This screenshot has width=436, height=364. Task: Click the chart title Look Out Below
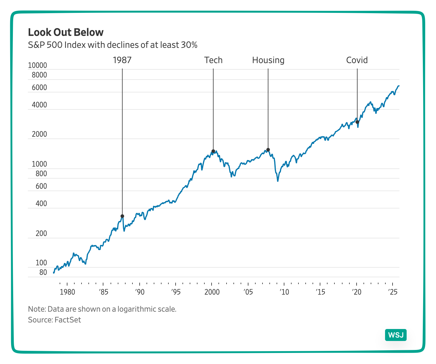point(66,32)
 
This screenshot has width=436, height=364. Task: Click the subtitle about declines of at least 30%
point(113,45)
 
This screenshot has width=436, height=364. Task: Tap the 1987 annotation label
point(122,60)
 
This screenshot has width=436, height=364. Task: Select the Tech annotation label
point(213,60)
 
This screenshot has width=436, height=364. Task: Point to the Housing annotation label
point(268,60)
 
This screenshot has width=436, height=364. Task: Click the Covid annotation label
point(357,60)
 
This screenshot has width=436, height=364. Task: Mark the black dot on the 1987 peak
point(122,216)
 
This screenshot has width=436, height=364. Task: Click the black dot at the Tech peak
point(213,151)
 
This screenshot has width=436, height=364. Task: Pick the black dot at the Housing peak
point(268,150)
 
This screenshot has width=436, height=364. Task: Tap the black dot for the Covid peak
point(357,122)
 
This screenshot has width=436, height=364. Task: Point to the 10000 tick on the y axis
point(37,66)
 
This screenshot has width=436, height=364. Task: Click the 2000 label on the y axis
point(39,134)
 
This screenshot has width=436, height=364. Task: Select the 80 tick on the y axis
point(43,272)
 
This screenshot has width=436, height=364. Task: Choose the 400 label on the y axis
point(41,204)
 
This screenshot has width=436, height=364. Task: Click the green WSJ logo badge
point(396,335)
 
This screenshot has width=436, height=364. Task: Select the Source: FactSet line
point(55,320)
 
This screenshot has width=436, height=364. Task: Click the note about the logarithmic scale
point(102,309)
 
